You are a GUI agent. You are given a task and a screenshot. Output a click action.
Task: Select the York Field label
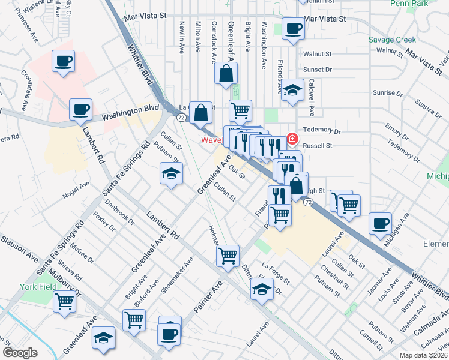[x=37, y=287]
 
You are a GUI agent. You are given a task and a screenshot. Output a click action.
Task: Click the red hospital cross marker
[x=292, y=139]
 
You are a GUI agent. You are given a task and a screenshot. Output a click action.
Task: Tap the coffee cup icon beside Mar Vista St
[x=294, y=29]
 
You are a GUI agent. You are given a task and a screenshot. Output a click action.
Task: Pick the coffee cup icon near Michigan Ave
[x=380, y=224]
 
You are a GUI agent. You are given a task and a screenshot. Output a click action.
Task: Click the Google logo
[x=20, y=352]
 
